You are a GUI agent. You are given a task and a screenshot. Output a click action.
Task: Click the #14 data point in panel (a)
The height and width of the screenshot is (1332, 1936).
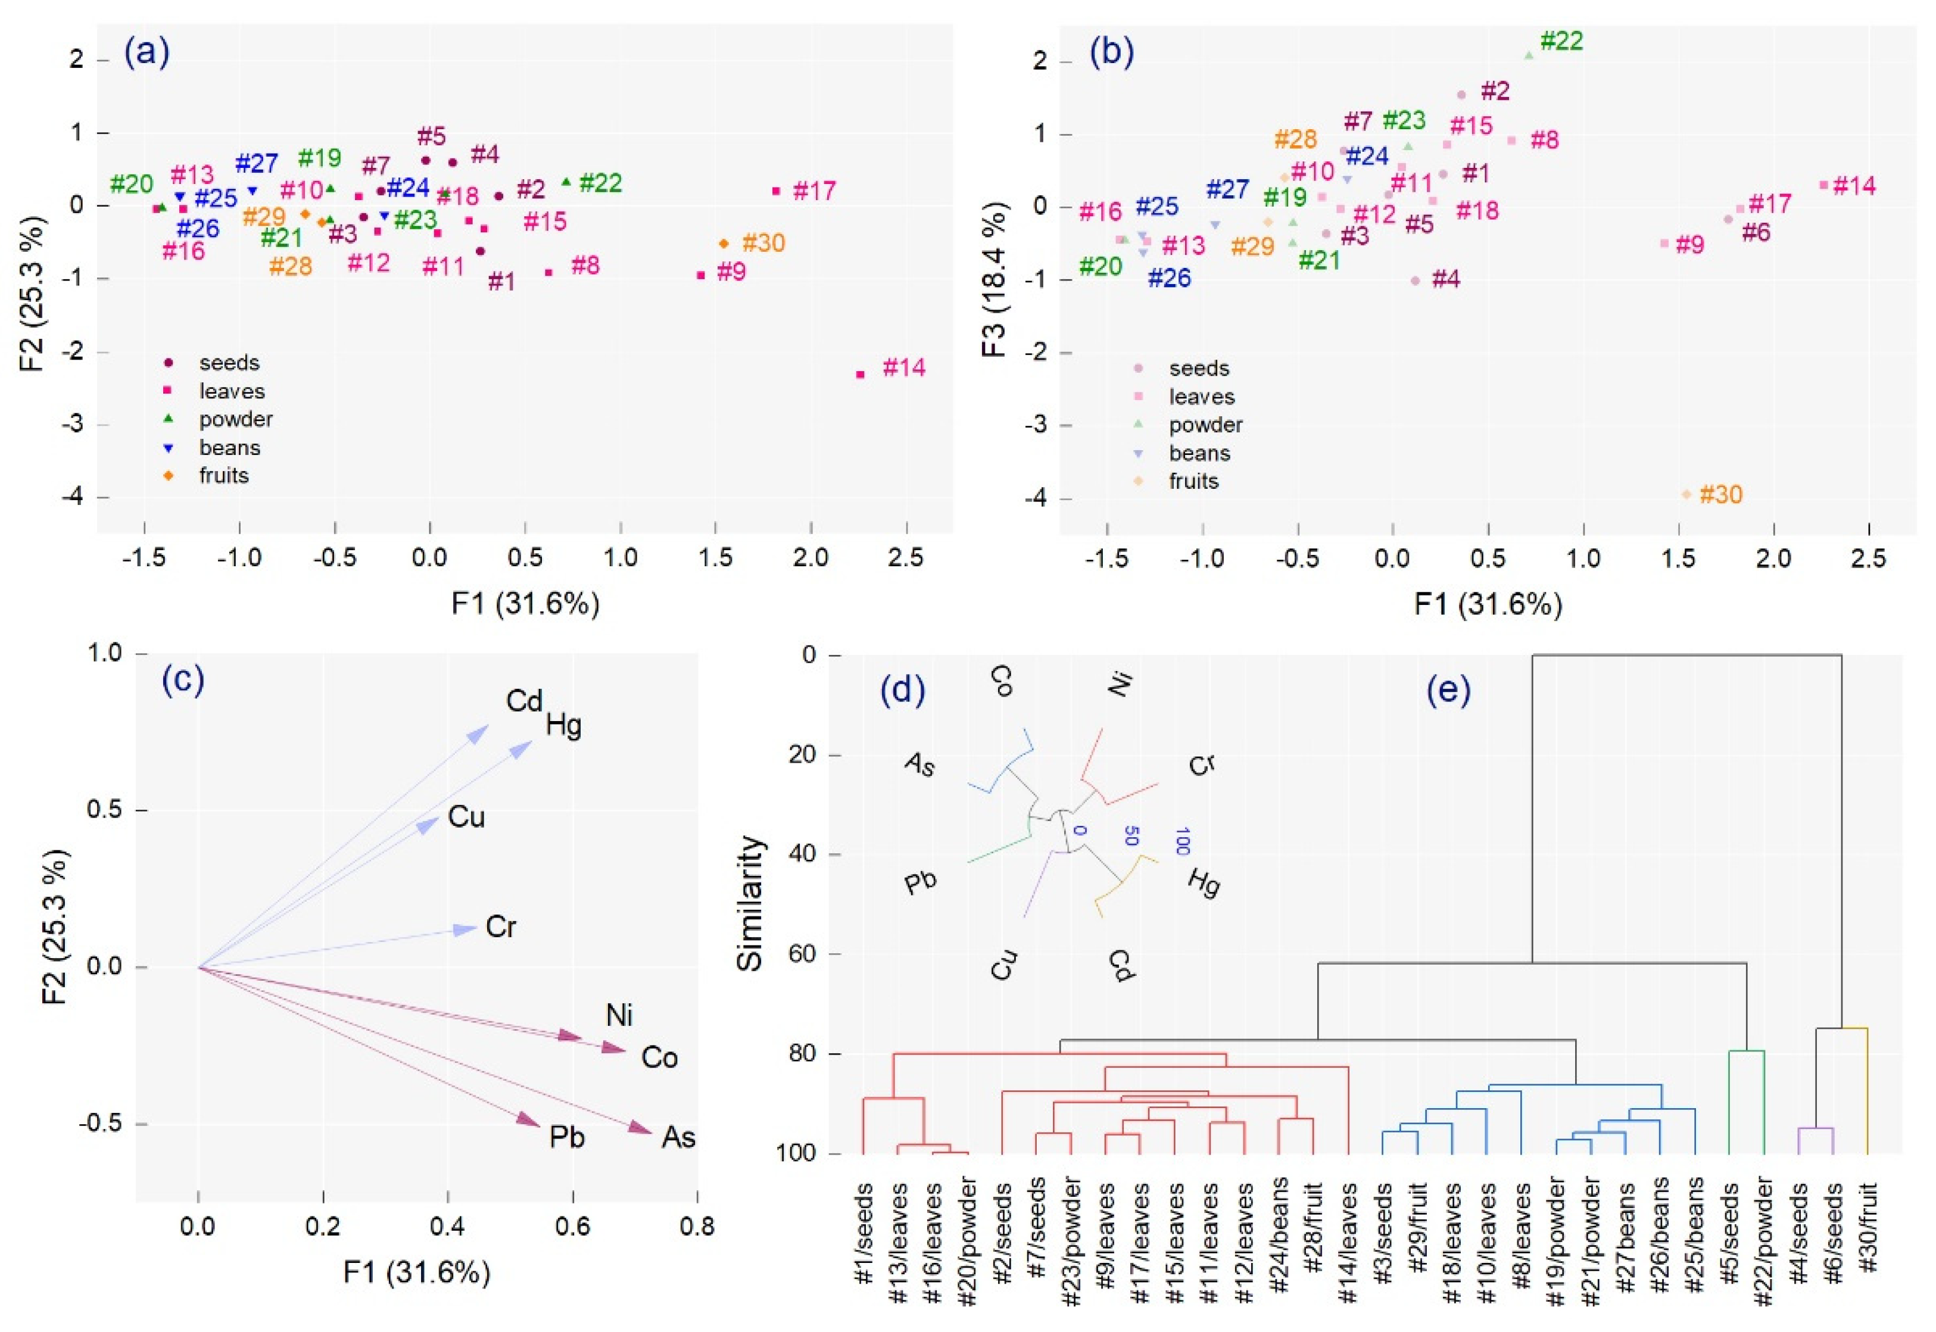[x=861, y=374]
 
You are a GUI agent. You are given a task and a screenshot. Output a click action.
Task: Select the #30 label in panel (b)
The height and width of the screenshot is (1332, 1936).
[x=1720, y=495]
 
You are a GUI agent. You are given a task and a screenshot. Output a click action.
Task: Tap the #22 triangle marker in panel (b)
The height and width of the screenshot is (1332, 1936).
[x=1529, y=55]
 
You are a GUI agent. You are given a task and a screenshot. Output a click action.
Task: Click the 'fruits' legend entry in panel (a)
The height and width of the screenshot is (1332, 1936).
[x=223, y=476]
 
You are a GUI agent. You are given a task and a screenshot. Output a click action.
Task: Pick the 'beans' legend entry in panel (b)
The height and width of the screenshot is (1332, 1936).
[x=1199, y=453]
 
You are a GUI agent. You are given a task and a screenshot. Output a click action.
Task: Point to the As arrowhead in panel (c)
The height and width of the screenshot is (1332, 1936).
[x=643, y=1128]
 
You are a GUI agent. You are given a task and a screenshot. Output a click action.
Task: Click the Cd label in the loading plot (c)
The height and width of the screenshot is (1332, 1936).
[x=524, y=701]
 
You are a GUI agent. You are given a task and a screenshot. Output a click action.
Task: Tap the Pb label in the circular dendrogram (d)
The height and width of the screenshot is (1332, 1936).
[x=921, y=882]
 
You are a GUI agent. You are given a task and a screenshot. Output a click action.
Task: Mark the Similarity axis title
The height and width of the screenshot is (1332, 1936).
[x=750, y=903]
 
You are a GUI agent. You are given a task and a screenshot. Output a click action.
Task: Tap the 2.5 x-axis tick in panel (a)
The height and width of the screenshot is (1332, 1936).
[x=905, y=557]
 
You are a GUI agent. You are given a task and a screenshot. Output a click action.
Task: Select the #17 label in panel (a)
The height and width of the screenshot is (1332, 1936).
[x=813, y=191]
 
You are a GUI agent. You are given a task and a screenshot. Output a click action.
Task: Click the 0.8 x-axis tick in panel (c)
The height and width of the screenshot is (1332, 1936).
[x=697, y=1227]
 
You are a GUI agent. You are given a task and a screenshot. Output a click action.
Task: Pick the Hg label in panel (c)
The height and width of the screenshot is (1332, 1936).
[x=563, y=725]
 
